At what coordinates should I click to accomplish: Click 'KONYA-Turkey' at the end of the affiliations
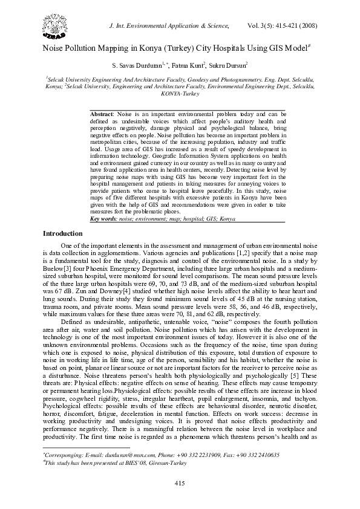tap(180, 94)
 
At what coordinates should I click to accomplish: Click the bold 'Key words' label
tap(103, 218)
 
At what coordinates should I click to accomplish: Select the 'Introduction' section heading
tap(62, 233)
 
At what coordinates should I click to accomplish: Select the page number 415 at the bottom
tap(180, 482)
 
